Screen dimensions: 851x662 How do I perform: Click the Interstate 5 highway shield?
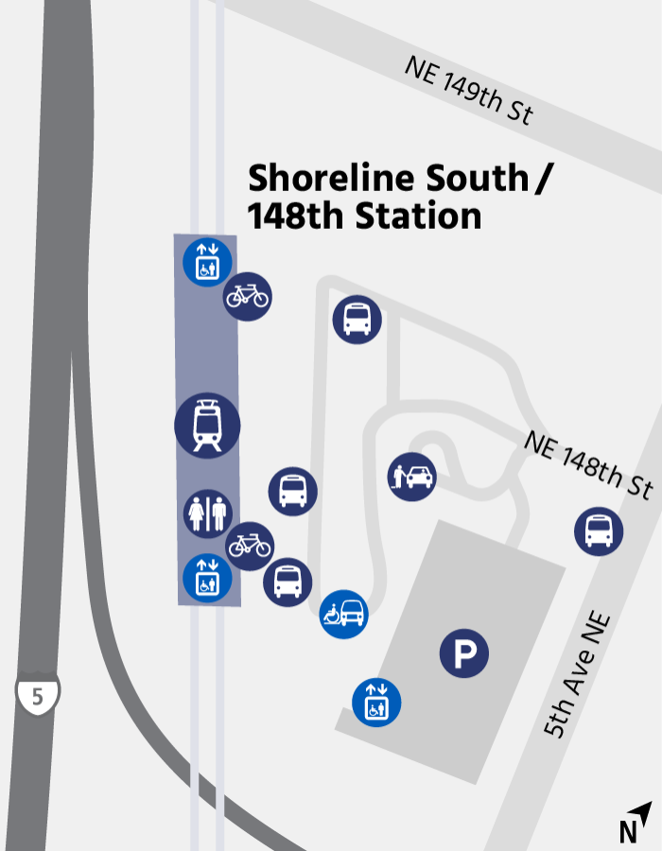pyautogui.click(x=38, y=695)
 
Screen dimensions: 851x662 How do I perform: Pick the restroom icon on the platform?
pyautogui.click(x=207, y=513)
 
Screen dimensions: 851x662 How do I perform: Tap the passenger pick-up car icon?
pyautogui.click(x=411, y=477)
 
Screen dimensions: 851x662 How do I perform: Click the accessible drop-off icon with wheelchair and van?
pyautogui.click(x=343, y=615)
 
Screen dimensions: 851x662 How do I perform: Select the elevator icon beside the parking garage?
pyautogui.click(x=376, y=703)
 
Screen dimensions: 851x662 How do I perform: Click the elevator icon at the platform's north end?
pyautogui.click(x=207, y=261)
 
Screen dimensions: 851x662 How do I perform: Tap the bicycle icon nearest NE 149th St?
pyautogui.click(x=248, y=296)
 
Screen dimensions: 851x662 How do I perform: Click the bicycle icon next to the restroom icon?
pyautogui.click(x=250, y=546)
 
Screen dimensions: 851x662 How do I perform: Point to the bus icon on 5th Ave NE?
pyautogui.click(x=599, y=530)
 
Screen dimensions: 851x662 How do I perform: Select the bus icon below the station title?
pyautogui.click(x=357, y=319)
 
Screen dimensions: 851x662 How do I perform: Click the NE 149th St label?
pyautogui.click(x=469, y=91)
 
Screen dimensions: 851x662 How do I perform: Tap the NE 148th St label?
pyautogui.click(x=587, y=465)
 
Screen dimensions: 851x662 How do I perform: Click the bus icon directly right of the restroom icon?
pyautogui.click(x=293, y=491)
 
